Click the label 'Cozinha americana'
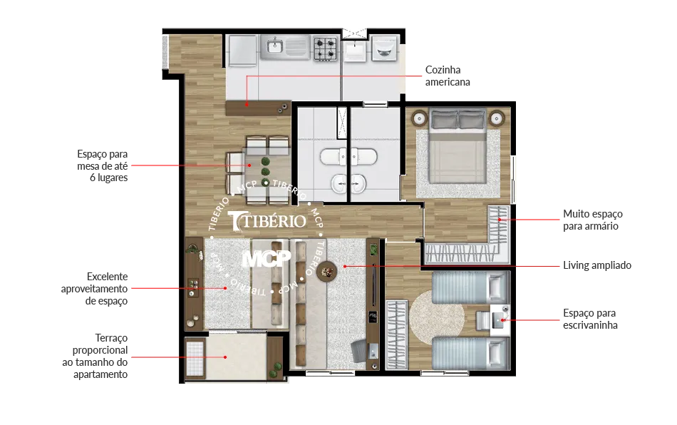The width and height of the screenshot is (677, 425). point(448,76)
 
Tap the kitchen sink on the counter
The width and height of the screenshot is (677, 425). point(274,46)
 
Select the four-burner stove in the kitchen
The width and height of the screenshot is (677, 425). point(325,48)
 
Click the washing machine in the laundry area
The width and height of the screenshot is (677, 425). point(385,48)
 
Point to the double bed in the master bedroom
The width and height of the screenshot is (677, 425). point(458,147)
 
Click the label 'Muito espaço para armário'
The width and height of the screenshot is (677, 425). point(592,220)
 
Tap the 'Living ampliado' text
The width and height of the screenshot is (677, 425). point(596,265)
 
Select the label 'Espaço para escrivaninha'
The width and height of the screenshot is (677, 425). point(590,319)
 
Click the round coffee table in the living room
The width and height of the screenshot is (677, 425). point(327,271)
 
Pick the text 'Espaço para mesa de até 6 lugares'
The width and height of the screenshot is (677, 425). point(103,166)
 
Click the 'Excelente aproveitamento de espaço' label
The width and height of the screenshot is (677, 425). point(94,289)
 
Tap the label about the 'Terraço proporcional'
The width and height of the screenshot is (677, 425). point(95,356)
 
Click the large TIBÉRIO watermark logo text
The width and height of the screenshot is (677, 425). point(267,221)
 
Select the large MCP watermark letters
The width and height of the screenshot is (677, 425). point(267,259)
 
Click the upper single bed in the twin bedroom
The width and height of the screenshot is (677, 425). point(470,287)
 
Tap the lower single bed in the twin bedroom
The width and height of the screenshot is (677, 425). point(470,354)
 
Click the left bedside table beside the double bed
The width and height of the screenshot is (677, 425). point(419,118)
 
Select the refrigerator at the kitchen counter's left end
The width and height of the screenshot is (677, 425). point(242,51)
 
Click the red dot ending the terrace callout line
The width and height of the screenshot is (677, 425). point(225,357)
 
